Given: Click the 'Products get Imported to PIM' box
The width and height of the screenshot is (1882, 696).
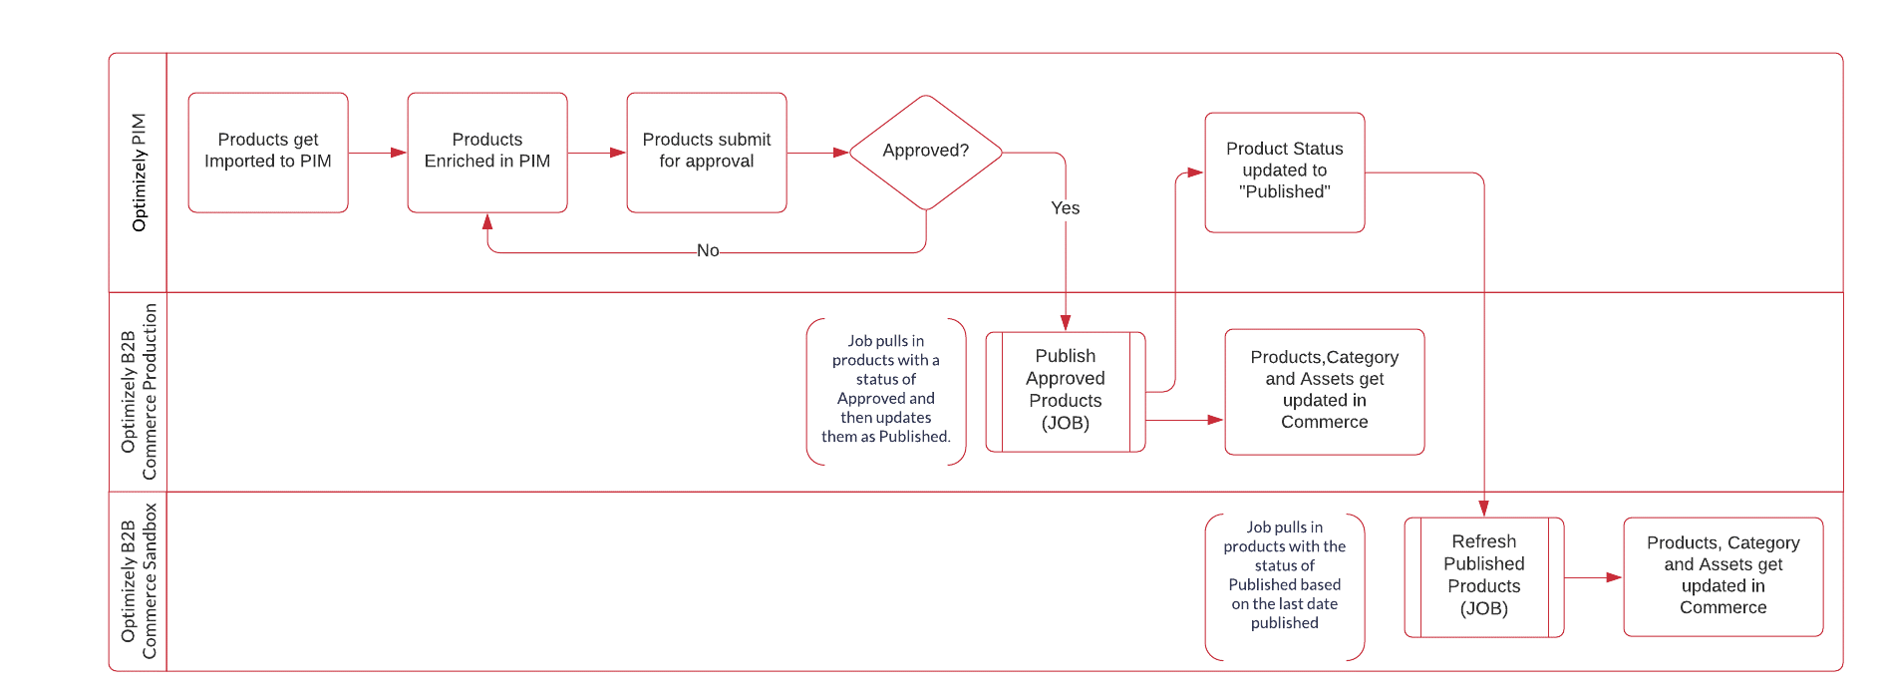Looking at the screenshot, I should pyautogui.click(x=267, y=152).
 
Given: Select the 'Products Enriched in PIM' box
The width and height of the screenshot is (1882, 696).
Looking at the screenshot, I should pyautogui.click(x=486, y=152).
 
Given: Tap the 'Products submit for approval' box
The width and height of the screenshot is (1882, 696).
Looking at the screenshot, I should pyautogui.click(x=706, y=152).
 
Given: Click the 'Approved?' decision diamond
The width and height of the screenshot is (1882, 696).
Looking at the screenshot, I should pyautogui.click(x=925, y=152).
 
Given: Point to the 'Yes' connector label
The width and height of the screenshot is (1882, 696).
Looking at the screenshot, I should pyautogui.click(x=1065, y=207).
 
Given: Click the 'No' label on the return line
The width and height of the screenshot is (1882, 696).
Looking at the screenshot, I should pyautogui.click(x=708, y=251).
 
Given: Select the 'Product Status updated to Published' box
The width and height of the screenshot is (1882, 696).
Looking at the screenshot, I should pyautogui.click(x=1284, y=172).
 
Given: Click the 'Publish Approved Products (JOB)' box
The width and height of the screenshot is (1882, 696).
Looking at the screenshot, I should pyautogui.click(x=1065, y=391).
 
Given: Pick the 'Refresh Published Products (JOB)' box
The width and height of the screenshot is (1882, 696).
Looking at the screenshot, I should pyautogui.click(x=1483, y=576).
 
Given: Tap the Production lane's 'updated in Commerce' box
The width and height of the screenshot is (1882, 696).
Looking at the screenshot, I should pyautogui.click(x=1324, y=391).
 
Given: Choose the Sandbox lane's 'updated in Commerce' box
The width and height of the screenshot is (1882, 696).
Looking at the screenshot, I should pyautogui.click(x=1723, y=576).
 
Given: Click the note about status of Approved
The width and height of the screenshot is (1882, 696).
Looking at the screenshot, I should pyautogui.click(x=885, y=390).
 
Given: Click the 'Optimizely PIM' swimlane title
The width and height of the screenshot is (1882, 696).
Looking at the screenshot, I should pyautogui.click(x=139, y=173).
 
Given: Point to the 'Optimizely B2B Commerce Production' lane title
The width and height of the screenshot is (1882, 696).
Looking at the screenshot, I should pyautogui.click(x=139, y=391).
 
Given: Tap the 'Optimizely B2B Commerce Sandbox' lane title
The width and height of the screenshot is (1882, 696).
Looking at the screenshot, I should pyautogui.click(x=139, y=580).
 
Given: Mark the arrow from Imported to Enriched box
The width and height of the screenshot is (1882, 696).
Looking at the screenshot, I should pyautogui.click(x=378, y=153).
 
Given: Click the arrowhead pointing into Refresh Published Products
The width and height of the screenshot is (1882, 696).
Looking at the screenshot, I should pyautogui.click(x=1483, y=509).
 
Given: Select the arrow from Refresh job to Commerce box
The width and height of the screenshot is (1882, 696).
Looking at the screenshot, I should pyautogui.click(x=1593, y=577).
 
